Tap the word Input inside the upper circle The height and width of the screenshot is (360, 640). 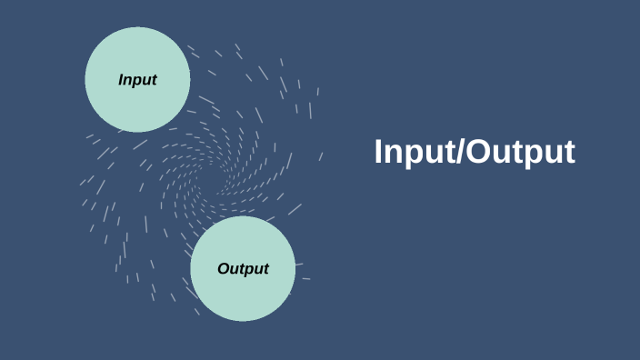[x=137, y=80]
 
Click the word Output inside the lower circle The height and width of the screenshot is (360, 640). [x=243, y=269]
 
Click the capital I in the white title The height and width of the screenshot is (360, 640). [x=379, y=152]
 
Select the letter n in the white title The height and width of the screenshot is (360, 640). [x=395, y=154]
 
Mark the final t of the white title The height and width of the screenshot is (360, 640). [x=569, y=153]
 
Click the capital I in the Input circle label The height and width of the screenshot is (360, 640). [x=121, y=80]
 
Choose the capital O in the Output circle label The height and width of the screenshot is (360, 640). [x=223, y=269]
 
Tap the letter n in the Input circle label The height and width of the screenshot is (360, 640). [x=128, y=80]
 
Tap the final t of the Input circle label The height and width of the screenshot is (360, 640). [x=154, y=80]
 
